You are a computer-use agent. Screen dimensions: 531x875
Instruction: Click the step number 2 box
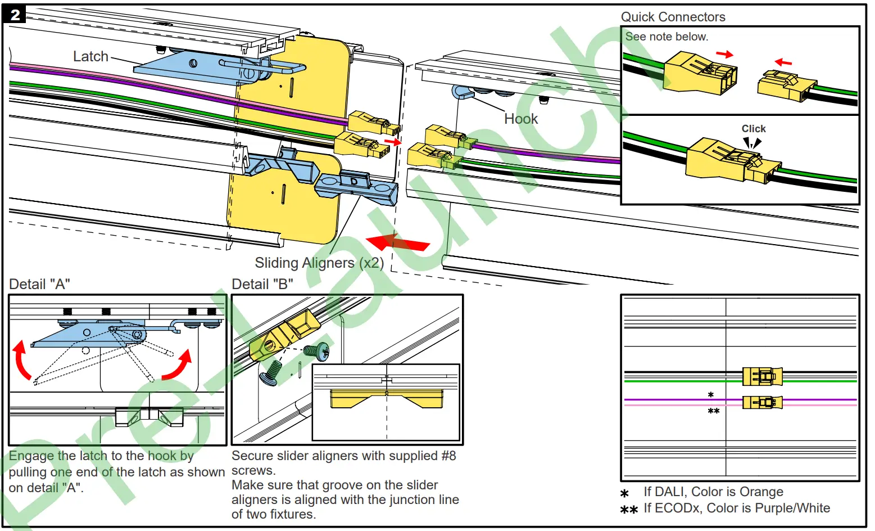point(15,15)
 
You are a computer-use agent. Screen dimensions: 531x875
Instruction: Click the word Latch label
point(90,56)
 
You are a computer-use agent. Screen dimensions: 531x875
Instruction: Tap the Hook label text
point(520,119)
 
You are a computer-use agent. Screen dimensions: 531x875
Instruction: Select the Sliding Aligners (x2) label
point(319,263)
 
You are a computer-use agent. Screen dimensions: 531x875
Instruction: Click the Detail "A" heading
point(39,284)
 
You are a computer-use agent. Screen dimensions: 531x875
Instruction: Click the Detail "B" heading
point(262,284)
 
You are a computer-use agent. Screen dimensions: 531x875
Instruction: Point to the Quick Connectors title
point(673,17)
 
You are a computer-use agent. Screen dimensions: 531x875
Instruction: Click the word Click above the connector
point(753,129)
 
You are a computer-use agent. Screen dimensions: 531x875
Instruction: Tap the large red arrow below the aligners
point(397,242)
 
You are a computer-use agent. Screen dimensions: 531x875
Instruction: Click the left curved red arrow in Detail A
point(21,360)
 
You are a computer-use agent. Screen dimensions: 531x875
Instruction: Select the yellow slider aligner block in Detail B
point(283,337)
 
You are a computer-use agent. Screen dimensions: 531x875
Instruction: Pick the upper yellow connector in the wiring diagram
point(761,376)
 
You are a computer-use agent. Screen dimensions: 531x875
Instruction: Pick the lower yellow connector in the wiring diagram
point(761,402)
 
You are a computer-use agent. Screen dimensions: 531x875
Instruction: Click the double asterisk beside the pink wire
point(713,412)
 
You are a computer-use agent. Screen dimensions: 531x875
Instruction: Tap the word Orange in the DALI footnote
point(761,492)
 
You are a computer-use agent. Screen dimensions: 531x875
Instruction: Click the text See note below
point(667,37)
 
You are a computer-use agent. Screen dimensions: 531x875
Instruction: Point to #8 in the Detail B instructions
point(448,456)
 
